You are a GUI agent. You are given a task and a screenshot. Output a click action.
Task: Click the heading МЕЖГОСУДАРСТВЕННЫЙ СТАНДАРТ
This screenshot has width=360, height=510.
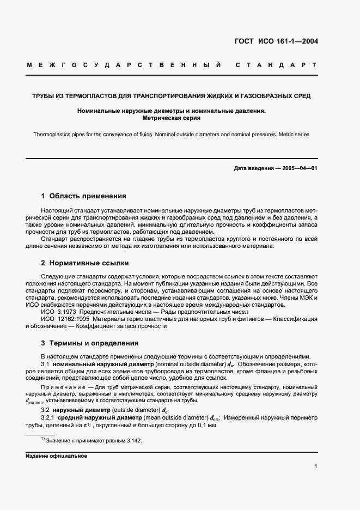(x=172, y=66)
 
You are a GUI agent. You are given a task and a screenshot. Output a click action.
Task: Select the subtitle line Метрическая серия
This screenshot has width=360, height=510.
(x=172, y=117)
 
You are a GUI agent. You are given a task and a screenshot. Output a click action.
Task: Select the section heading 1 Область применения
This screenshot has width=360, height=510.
(x=84, y=196)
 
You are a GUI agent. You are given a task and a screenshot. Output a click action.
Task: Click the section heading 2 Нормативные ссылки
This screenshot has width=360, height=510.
(x=85, y=263)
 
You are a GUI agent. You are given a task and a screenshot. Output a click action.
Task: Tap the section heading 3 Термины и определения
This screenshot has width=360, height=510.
(x=90, y=343)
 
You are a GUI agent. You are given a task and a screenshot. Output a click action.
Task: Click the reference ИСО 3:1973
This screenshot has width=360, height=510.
(x=58, y=312)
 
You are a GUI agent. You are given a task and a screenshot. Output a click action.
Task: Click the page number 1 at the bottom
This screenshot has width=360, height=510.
(x=315, y=466)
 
